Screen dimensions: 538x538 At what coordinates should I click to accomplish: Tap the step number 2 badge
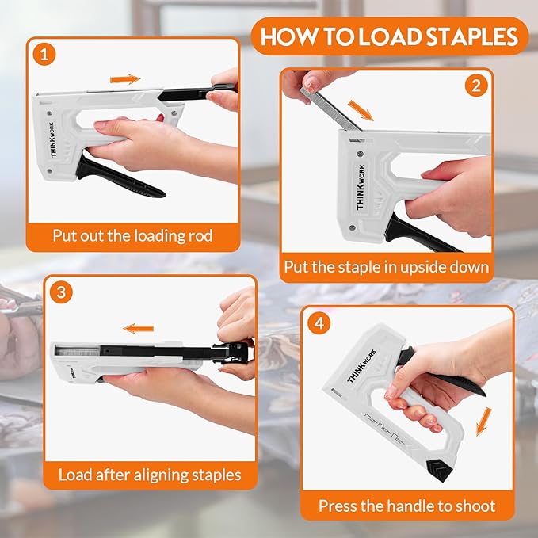point(475,85)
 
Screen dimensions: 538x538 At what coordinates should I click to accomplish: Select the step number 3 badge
point(61,291)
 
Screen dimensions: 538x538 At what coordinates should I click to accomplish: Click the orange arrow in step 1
point(125,79)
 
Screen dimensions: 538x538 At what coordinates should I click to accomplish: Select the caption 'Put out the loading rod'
point(132,235)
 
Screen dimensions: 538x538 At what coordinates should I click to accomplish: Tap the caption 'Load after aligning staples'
point(150,475)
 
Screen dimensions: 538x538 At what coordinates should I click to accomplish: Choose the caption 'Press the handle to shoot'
point(406,505)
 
